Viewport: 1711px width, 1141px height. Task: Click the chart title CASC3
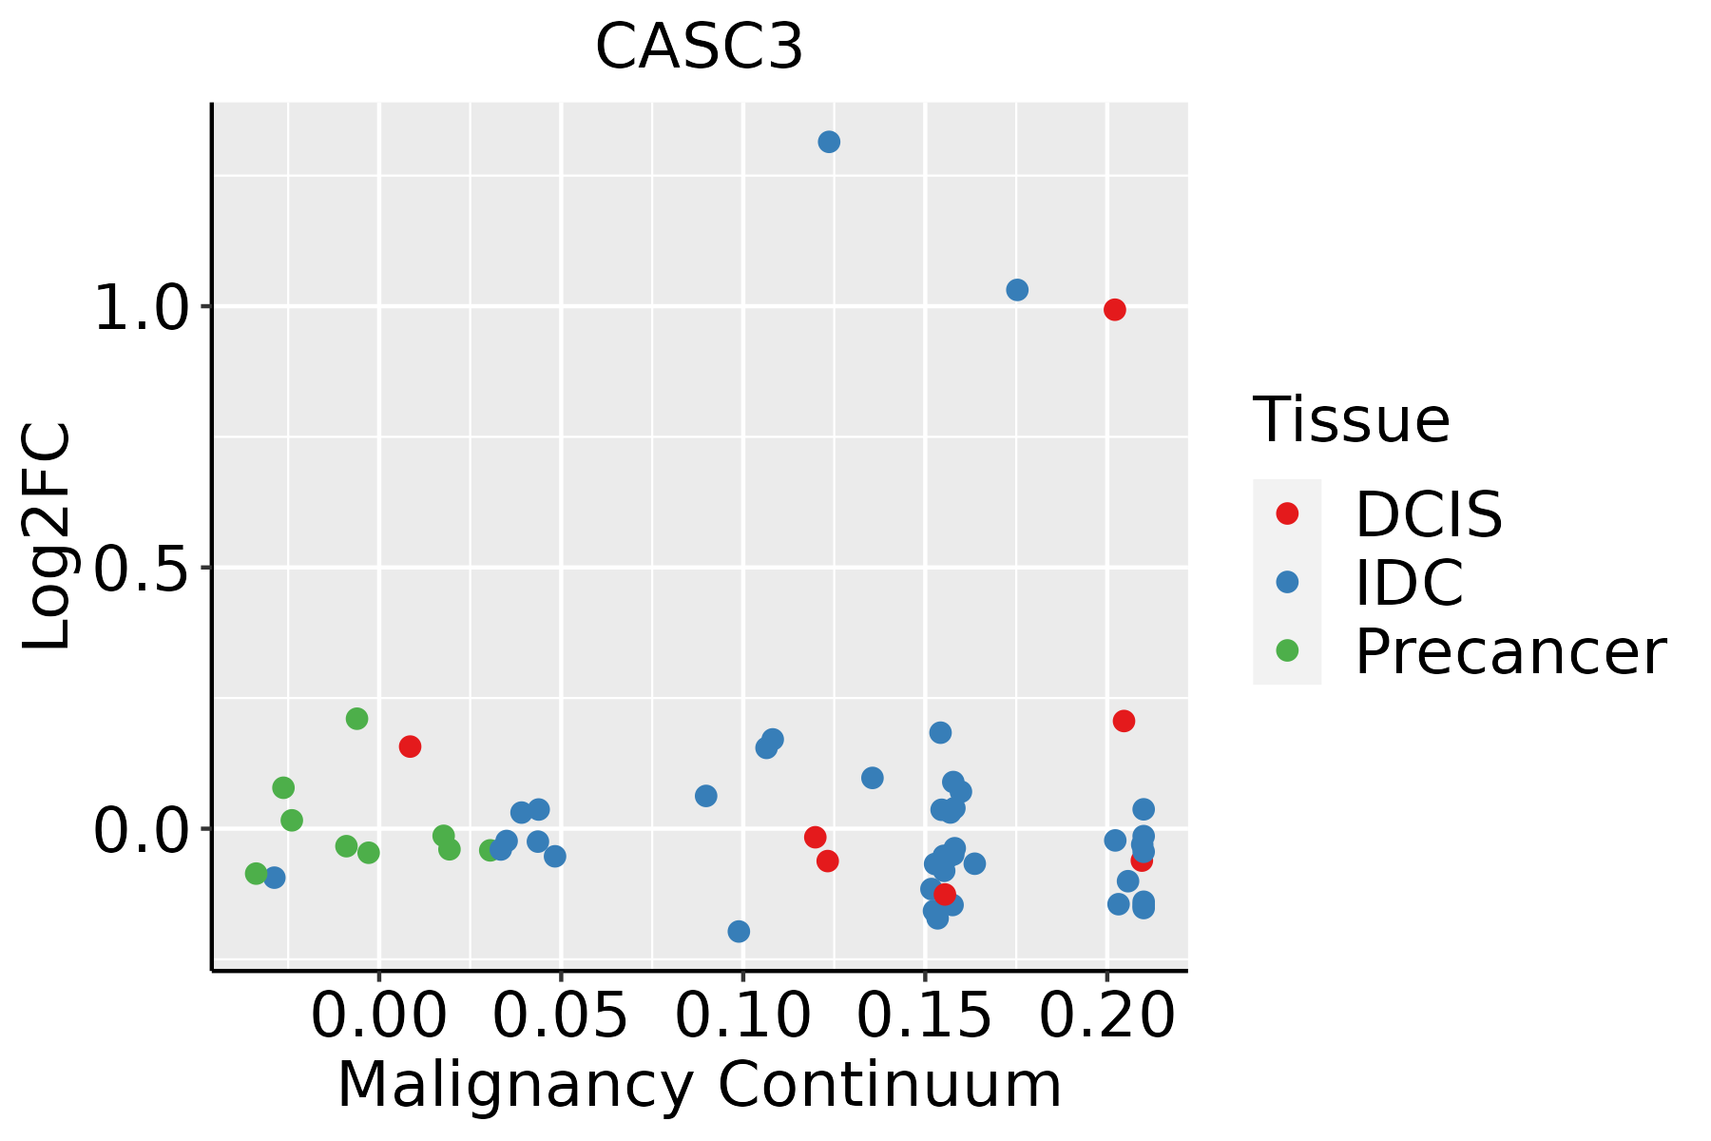coord(700,47)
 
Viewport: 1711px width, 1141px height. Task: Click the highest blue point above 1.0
coord(829,142)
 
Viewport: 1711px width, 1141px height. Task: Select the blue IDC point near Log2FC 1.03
coord(1017,290)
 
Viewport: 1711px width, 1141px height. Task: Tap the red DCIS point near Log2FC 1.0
coord(1115,310)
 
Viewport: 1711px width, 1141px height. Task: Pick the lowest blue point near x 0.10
coord(739,931)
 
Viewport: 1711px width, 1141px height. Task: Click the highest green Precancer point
coord(356,719)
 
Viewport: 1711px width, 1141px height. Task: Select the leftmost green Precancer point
coord(256,873)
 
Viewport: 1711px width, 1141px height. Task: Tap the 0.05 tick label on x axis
coord(561,1015)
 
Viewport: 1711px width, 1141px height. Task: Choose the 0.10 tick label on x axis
coord(742,1015)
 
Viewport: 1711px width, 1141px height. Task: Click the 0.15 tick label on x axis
coord(924,1015)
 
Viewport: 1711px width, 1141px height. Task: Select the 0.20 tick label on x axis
coord(1106,1015)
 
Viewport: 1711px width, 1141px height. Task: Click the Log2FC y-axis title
coord(48,537)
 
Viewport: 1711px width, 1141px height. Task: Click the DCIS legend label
coord(1428,514)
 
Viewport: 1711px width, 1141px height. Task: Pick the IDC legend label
coord(1409,583)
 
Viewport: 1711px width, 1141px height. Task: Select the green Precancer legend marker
coord(1287,651)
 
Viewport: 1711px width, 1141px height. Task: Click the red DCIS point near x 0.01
coord(410,746)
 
